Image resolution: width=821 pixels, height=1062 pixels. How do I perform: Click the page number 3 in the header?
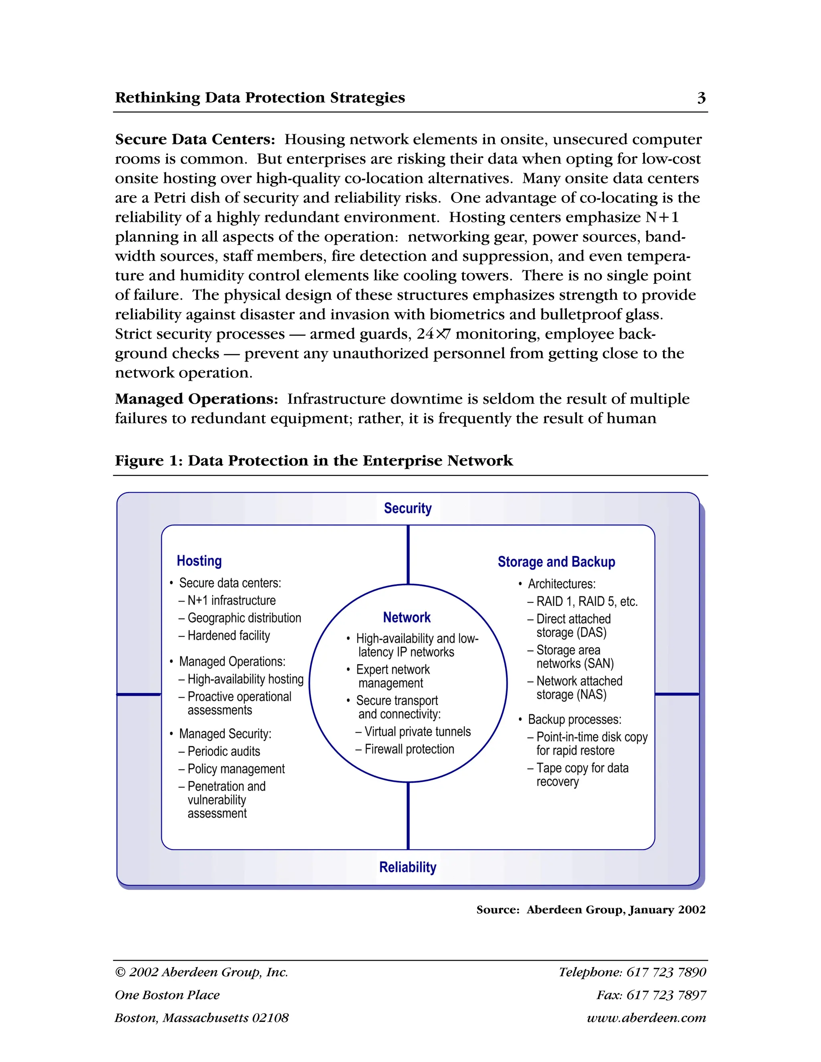(701, 98)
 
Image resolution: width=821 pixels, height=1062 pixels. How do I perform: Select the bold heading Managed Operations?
(196, 399)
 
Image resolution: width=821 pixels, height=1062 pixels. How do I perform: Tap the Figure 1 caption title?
(314, 460)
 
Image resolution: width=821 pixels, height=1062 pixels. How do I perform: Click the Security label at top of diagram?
(408, 508)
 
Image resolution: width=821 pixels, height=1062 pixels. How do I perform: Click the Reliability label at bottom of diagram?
(408, 867)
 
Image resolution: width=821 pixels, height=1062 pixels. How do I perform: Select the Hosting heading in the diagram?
(199, 561)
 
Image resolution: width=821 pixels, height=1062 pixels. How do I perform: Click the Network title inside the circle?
(406, 617)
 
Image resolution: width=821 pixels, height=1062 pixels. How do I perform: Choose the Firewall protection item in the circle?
(408, 749)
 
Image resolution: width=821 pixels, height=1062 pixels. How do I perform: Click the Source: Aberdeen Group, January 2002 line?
(590, 910)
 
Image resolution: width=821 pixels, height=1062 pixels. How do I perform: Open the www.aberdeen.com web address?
(646, 1018)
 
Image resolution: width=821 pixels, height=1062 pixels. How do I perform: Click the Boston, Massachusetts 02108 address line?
(201, 1018)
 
